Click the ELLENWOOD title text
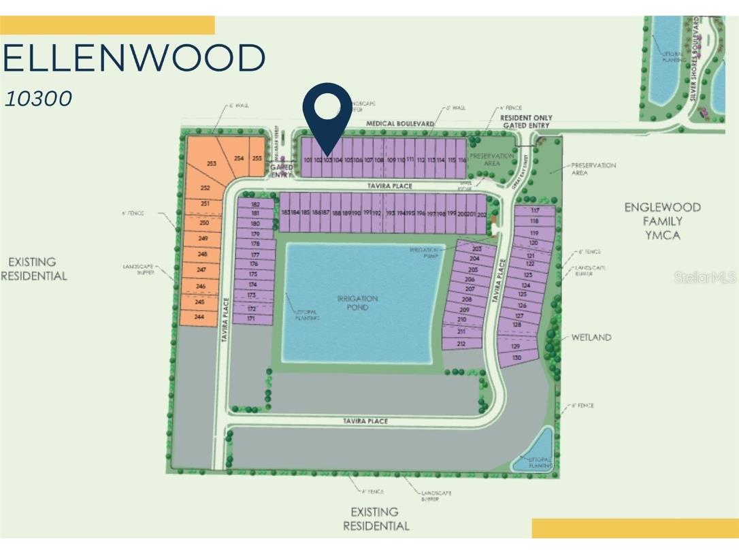[x=133, y=59]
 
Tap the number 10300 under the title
[x=38, y=99]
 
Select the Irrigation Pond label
[x=357, y=303]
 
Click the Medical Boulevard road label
[x=399, y=123]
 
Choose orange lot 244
[x=199, y=317]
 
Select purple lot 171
[x=251, y=318]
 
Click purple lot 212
[x=461, y=344]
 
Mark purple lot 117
[x=534, y=211]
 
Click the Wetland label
[x=591, y=337]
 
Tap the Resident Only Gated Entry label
[x=522, y=122]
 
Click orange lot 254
[x=239, y=158]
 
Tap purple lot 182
[x=256, y=204]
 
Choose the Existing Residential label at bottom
[x=376, y=519]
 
